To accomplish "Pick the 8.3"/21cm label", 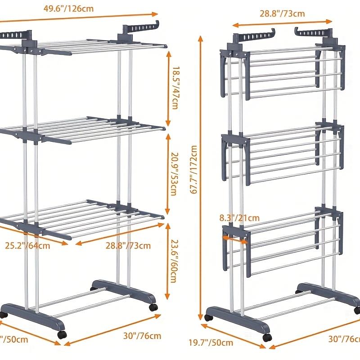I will (239, 218).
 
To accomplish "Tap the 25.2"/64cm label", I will (27, 246).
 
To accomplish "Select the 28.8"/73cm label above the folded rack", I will (282, 13).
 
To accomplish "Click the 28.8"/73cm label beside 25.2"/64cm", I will (128, 246).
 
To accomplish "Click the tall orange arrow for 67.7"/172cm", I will (201, 180).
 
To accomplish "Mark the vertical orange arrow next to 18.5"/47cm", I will (168, 88).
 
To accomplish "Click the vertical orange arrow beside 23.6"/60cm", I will (168, 261).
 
